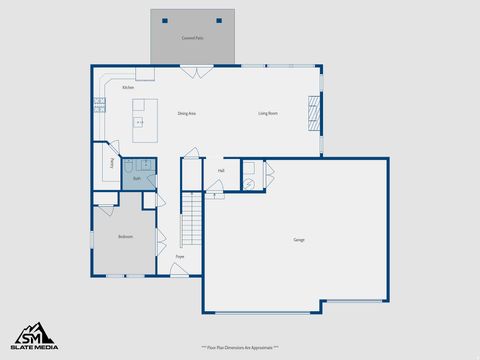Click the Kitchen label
click(128, 88)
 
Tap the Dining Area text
click(186, 114)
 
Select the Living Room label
click(267, 114)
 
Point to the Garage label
click(299, 240)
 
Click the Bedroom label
click(125, 237)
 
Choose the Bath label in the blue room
click(137, 180)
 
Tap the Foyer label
click(180, 257)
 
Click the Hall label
click(221, 171)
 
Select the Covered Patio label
click(193, 38)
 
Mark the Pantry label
click(110, 163)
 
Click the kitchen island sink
click(140, 122)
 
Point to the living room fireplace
click(313, 113)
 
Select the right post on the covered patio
click(219, 19)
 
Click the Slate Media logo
click(35, 336)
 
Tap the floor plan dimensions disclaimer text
click(240, 347)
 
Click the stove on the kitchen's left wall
click(99, 103)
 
